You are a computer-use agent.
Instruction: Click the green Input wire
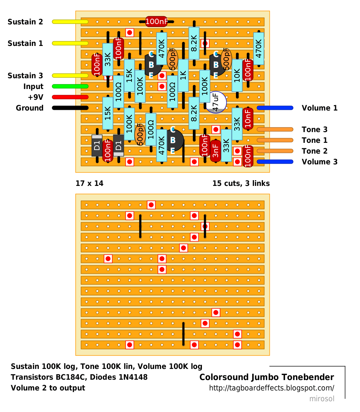(x=70, y=86)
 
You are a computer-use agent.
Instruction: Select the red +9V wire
(x=70, y=97)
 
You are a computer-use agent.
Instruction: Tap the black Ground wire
(x=70, y=108)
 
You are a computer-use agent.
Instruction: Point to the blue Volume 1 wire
(x=275, y=108)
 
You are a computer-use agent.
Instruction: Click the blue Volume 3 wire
(x=275, y=162)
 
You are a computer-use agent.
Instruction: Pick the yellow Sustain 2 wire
(x=70, y=22)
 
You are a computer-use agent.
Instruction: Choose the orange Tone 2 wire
(x=275, y=151)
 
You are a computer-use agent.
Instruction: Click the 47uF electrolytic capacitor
(x=216, y=103)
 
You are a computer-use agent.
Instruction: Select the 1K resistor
(x=183, y=76)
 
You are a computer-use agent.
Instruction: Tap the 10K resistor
(x=237, y=76)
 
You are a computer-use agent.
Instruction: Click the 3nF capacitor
(x=216, y=151)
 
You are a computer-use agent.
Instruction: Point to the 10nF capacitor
(x=248, y=119)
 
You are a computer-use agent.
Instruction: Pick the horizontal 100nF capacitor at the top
(x=157, y=22)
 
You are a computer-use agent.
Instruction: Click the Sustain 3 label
(x=25, y=76)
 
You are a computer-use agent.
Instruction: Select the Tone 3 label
(x=315, y=130)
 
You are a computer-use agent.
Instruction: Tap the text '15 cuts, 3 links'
(x=241, y=183)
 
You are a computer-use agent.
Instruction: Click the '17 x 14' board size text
(x=89, y=183)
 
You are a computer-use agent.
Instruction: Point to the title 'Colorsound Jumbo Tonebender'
(x=267, y=377)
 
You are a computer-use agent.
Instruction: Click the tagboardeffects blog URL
(x=272, y=388)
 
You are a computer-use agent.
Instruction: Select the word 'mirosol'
(x=322, y=399)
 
